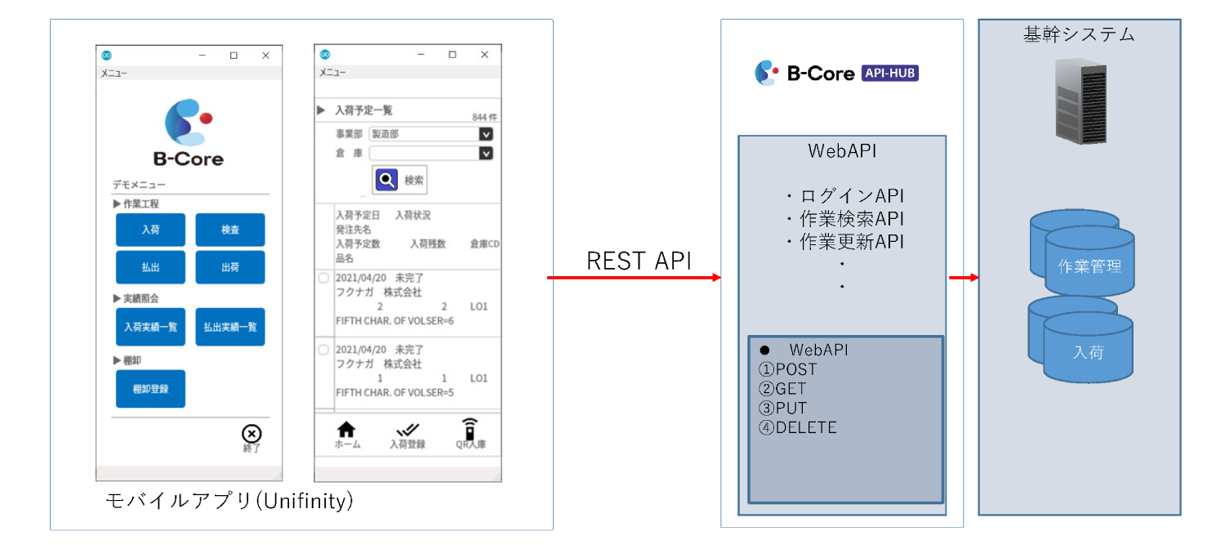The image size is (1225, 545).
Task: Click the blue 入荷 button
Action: pos(150,230)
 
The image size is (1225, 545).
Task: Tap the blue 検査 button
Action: pos(230,230)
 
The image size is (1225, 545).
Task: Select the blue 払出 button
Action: pos(150,267)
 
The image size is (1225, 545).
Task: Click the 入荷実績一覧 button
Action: pos(150,327)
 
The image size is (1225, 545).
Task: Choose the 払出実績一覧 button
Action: pos(230,327)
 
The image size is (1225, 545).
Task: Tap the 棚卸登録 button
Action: pos(150,389)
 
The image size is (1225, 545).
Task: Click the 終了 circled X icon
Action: pos(252,434)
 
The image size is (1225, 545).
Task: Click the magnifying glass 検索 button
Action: pos(399,180)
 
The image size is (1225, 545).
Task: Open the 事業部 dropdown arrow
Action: pos(486,134)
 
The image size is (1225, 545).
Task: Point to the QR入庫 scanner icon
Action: pos(469,429)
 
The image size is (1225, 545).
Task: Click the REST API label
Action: pos(639,261)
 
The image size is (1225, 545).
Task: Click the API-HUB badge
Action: pos(890,74)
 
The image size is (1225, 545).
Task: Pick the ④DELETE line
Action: pos(798,427)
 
